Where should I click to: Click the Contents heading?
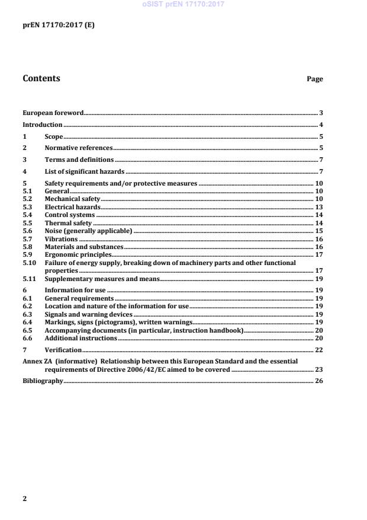41,78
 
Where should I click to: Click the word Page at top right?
314,79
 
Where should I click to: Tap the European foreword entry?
53,113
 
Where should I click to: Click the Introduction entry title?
42,125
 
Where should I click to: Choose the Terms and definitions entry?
79,160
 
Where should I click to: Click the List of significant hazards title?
84,172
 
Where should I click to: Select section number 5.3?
27,207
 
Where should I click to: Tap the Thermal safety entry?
68,223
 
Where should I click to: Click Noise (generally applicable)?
88,231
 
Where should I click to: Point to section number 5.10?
29,262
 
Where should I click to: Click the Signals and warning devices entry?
89,314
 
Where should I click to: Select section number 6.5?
27,330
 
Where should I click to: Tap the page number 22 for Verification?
318,350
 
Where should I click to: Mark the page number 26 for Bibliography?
318,381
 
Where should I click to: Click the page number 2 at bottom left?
24,499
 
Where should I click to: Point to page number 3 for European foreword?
320,113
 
